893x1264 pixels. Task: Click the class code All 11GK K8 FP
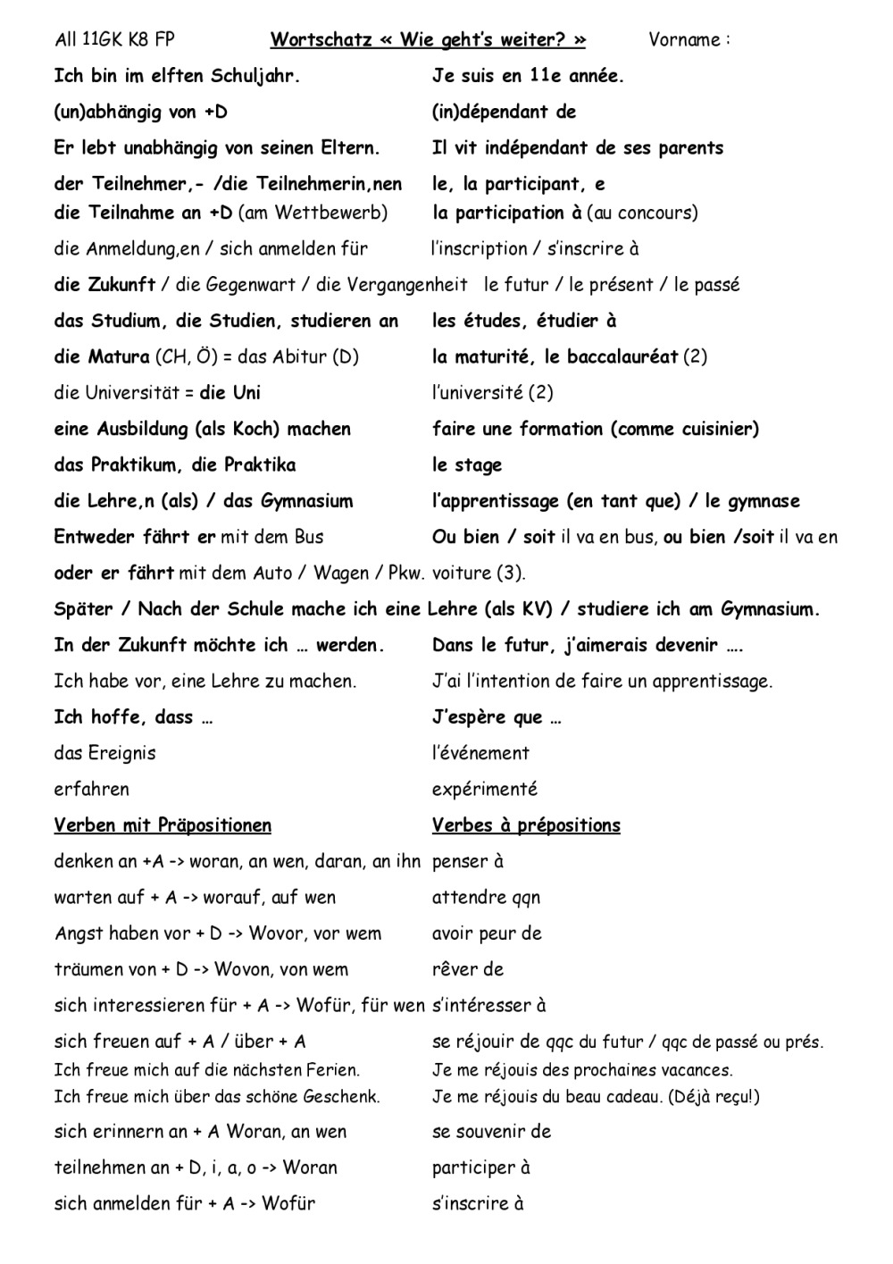pos(115,40)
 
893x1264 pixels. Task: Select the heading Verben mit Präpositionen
pos(163,825)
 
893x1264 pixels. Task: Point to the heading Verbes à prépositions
pos(526,825)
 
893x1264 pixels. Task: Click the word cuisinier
pos(712,429)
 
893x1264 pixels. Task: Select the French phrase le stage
pos(467,465)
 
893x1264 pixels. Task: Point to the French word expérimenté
pos(485,790)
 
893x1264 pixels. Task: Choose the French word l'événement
pos(480,753)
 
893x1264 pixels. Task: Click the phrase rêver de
pos(468,970)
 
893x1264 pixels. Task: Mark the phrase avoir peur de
pos(487,933)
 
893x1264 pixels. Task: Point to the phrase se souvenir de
pos(491,1132)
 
